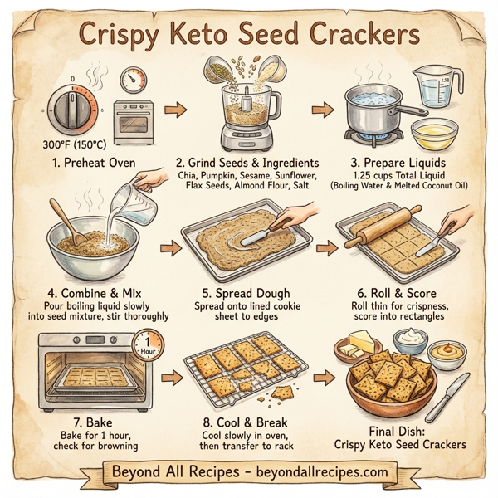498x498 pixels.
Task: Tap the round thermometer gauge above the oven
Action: click(x=133, y=81)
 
